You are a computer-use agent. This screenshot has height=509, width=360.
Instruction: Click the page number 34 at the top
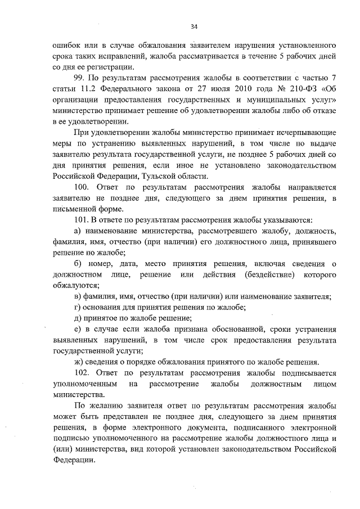[194, 26]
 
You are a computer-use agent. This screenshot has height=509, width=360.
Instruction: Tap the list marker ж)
[78, 362]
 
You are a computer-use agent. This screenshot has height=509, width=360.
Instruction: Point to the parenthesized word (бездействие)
[270, 274]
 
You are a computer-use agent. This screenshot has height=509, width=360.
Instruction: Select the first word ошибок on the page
[64, 44]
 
